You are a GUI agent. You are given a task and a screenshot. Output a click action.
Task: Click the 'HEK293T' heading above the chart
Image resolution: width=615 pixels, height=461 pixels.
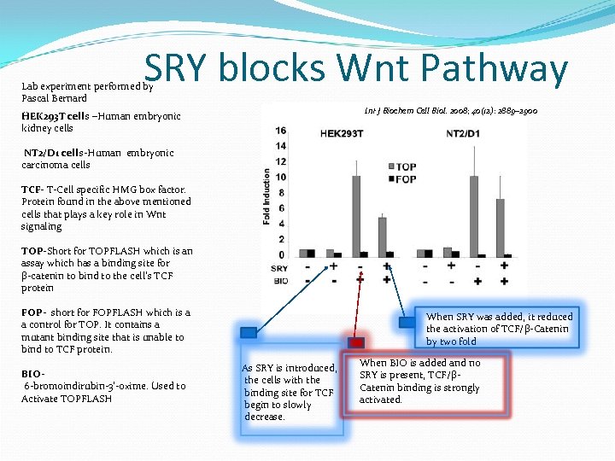340,135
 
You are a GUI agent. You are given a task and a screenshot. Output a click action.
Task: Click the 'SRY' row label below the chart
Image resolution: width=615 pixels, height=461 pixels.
280,268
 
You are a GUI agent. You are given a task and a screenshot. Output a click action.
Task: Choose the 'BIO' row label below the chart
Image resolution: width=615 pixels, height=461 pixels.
280,281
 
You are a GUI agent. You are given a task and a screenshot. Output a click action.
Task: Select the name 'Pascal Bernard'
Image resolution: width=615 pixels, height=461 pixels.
54,98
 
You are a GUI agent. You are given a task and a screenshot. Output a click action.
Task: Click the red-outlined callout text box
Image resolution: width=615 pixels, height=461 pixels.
419,382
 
